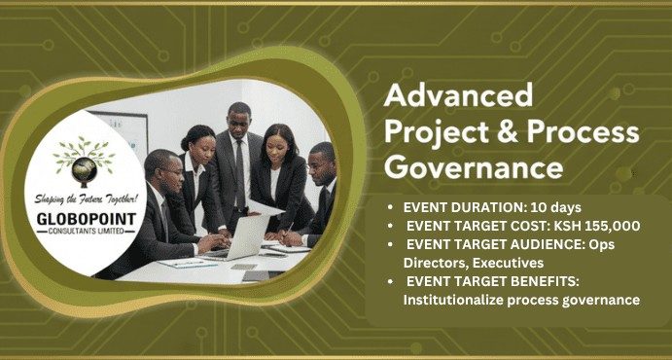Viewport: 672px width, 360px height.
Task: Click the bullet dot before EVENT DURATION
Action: [x=391, y=207]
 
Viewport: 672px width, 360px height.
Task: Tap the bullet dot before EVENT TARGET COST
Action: [x=391, y=226]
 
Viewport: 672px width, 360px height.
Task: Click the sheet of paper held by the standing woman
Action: [x=267, y=206]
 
